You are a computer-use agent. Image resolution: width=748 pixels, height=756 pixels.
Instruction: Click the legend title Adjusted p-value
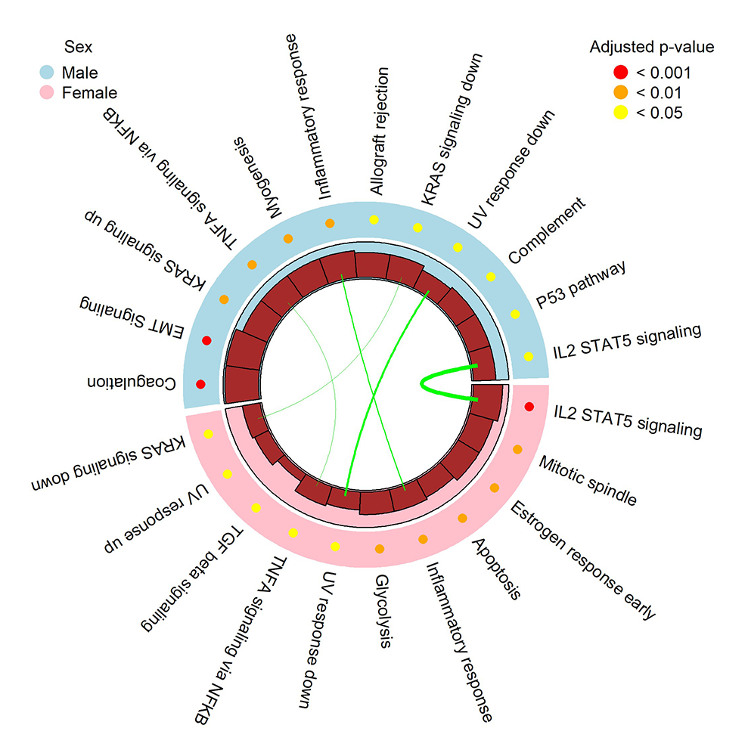point(651,48)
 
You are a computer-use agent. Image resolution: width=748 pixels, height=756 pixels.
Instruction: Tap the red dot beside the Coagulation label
point(200,384)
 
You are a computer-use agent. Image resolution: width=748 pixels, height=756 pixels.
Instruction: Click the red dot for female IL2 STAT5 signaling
point(529,407)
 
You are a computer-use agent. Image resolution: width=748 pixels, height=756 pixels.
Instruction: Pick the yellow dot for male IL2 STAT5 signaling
point(529,356)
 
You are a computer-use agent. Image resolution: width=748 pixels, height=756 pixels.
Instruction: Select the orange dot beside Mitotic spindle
point(517,450)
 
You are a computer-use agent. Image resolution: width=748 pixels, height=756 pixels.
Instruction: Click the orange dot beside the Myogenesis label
point(288,239)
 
